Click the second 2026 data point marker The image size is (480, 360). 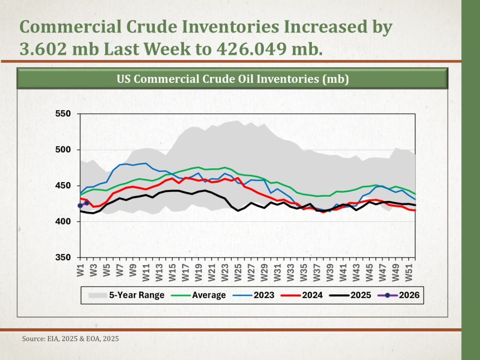[87, 203]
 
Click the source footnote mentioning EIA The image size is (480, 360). [70, 339]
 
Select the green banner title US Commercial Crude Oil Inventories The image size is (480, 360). [232, 79]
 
